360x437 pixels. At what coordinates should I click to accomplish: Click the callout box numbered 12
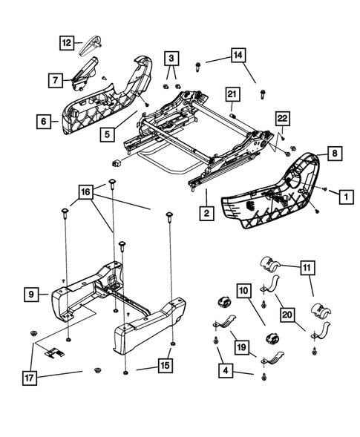point(67,43)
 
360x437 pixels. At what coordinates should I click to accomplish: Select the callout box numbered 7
point(56,78)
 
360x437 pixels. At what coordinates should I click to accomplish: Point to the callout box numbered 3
point(171,57)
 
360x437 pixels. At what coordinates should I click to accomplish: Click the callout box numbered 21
point(232,94)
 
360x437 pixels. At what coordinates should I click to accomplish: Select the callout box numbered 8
point(334,154)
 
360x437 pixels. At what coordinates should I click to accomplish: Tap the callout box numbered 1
point(345,197)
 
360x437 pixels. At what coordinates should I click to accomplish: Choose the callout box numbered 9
point(31,295)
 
